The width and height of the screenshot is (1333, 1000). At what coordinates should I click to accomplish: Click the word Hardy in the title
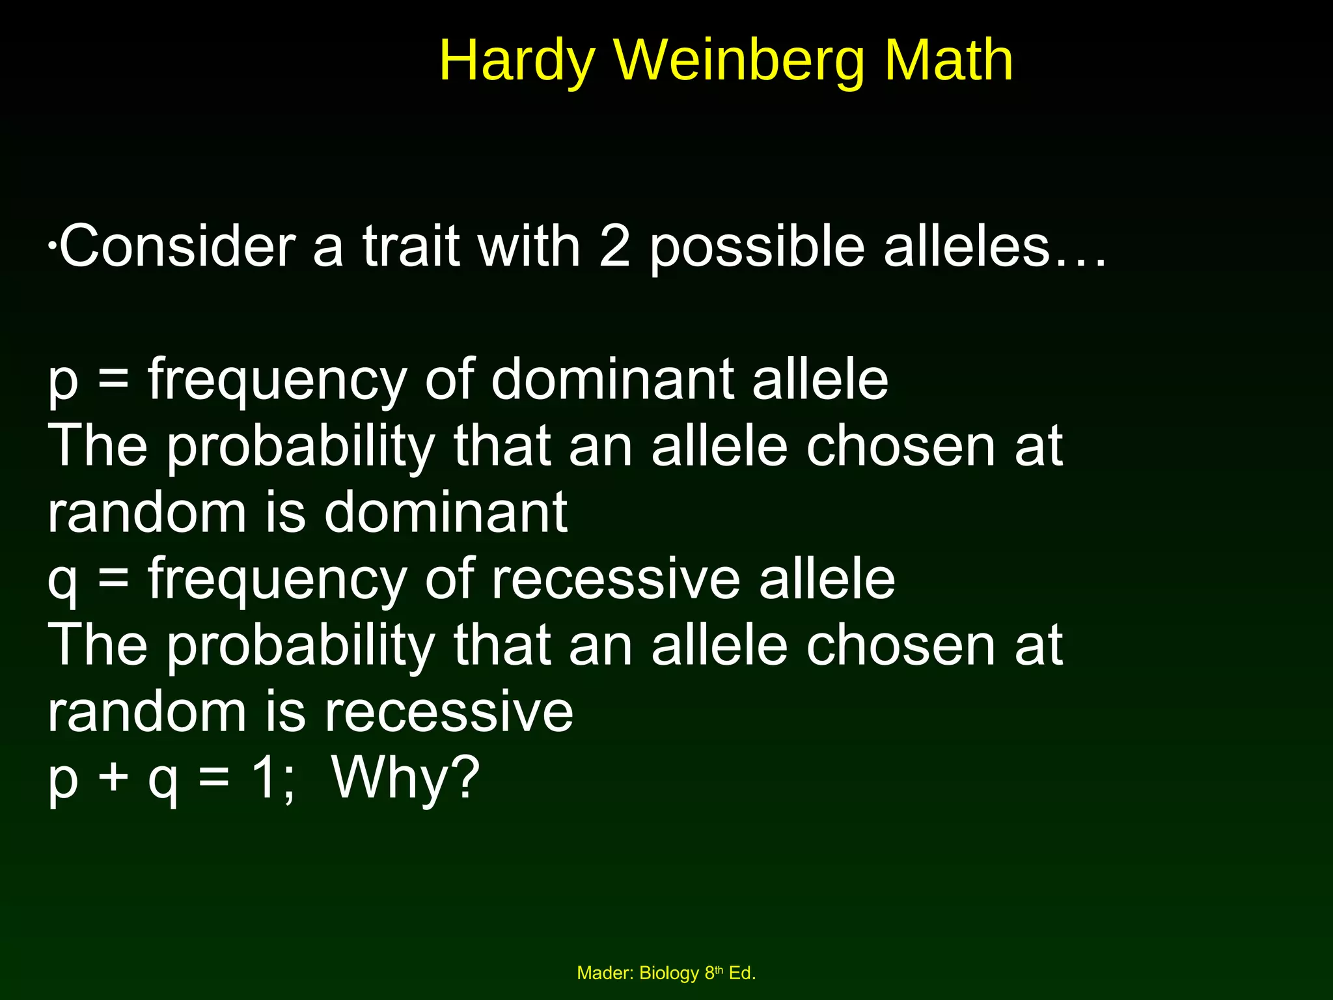tap(517, 61)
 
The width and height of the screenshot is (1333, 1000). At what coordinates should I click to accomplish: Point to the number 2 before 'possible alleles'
tap(614, 247)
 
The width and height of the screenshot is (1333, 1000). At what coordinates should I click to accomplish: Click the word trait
tap(411, 247)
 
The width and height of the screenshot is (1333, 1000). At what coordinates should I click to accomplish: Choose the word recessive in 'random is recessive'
tap(448, 712)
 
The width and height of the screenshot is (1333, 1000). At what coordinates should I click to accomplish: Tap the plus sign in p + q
tap(113, 777)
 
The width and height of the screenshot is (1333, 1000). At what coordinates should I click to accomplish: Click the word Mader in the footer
tap(605, 973)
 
